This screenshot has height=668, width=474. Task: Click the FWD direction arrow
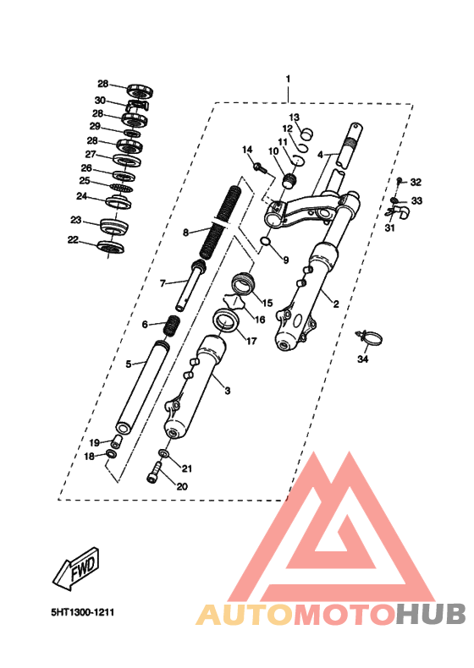pyautogui.click(x=76, y=569)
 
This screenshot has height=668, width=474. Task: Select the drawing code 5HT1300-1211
pyautogui.click(x=83, y=613)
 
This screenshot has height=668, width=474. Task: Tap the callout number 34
pyautogui.click(x=362, y=359)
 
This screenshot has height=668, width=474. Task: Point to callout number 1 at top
pyautogui.click(x=288, y=79)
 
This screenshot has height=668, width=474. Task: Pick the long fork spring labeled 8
pyautogui.click(x=220, y=222)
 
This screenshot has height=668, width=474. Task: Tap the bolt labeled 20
pyautogui.click(x=153, y=473)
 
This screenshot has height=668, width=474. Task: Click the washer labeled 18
pyautogui.click(x=111, y=454)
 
